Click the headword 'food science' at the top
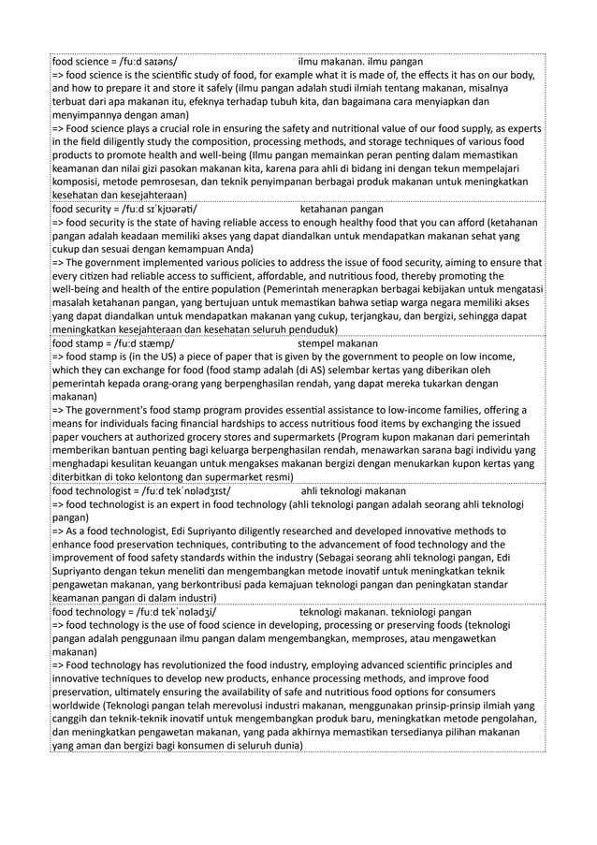(79, 61)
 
